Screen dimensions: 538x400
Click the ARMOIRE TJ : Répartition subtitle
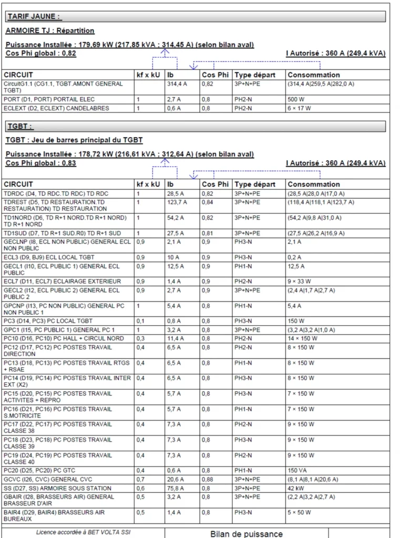pyautogui.click(x=50, y=31)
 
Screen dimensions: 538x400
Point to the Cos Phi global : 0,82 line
pyautogui.click(x=41, y=53)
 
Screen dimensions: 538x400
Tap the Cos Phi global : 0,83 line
pyautogui.click(x=41, y=163)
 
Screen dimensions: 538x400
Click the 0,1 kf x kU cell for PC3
pyautogui.click(x=139, y=321)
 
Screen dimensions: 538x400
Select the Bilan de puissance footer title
pyautogui.click(x=246, y=533)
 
